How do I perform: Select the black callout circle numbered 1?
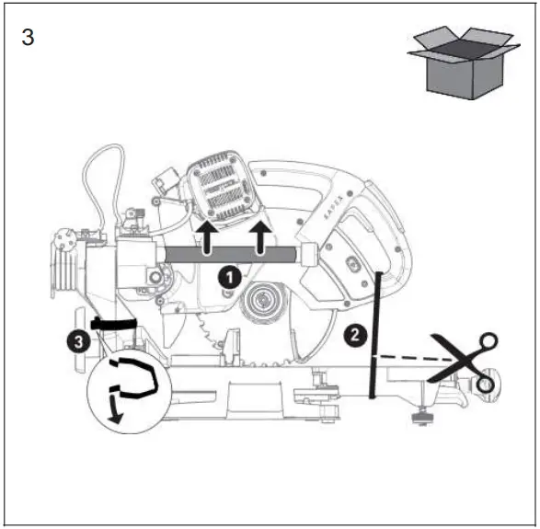[x=230, y=274]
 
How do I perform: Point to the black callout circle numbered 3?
[x=81, y=341]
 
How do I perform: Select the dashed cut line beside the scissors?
[x=405, y=359]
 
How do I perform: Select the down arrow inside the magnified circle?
[x=115, y=409]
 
